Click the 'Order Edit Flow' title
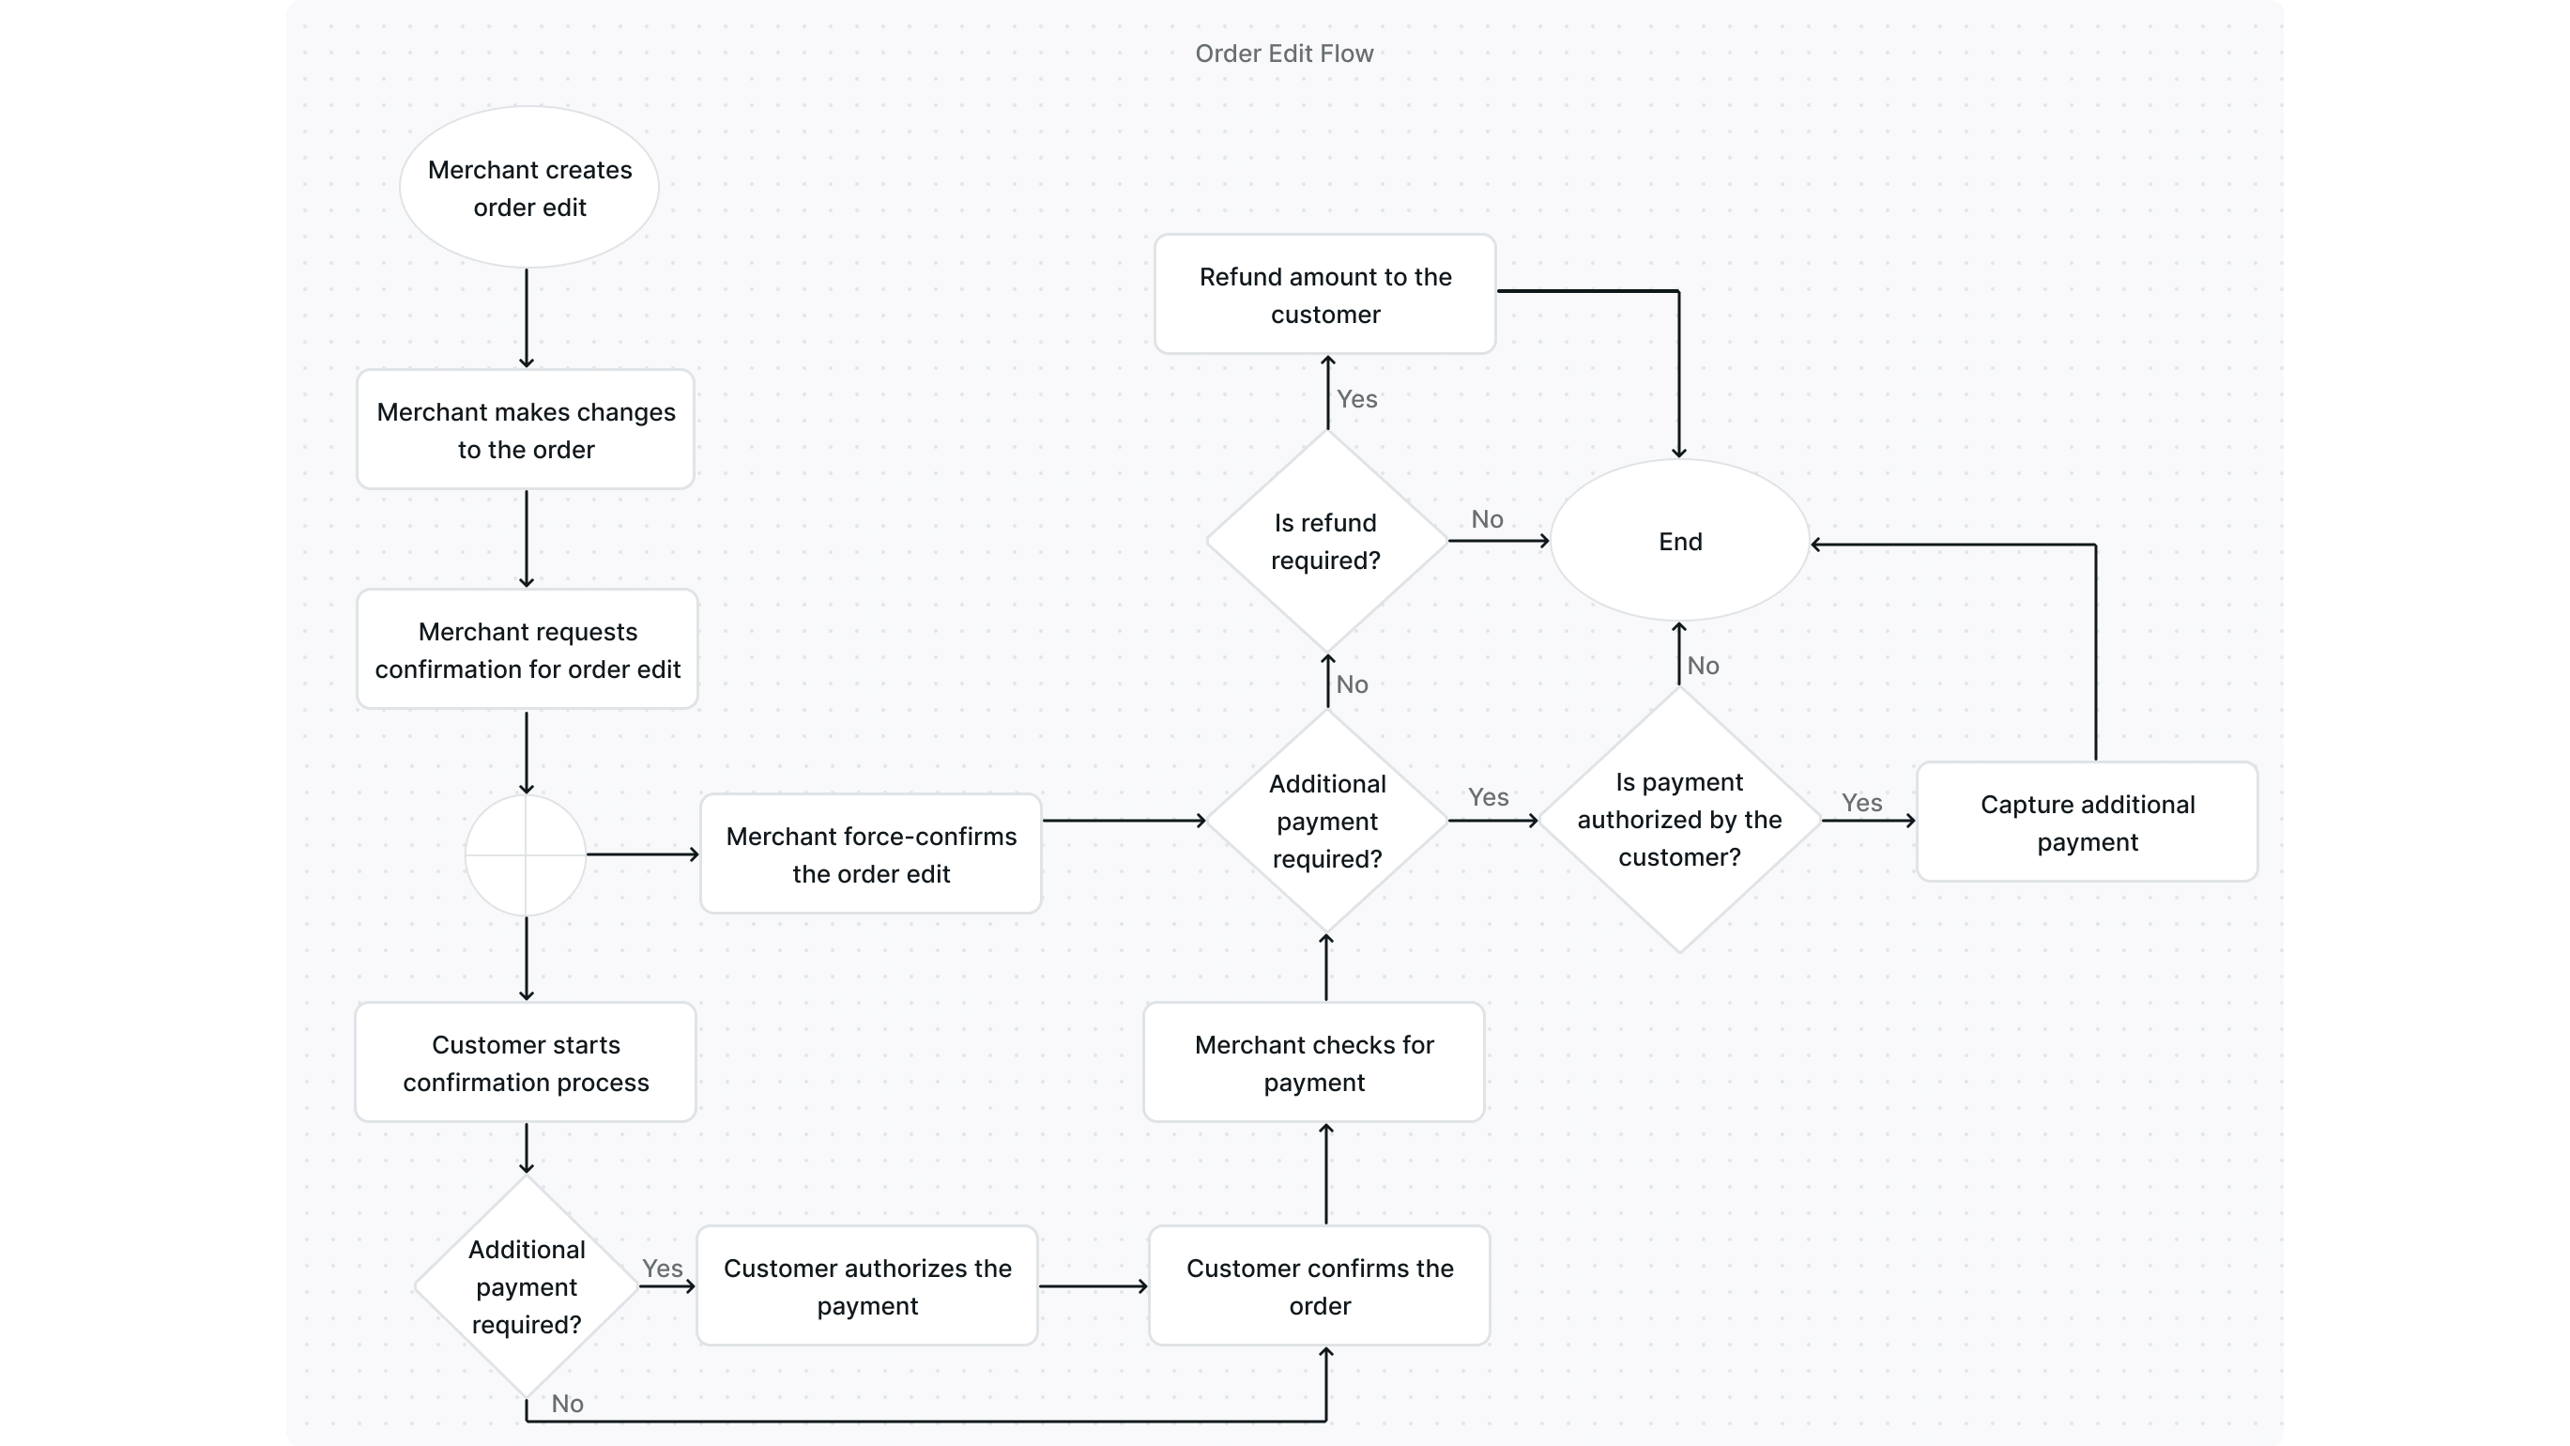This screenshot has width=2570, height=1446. coord(1284,54)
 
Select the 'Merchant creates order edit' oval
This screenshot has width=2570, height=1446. coord(528,188)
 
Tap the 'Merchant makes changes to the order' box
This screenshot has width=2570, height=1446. coord(526,430)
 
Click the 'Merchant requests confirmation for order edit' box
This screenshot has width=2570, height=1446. coord(527,650)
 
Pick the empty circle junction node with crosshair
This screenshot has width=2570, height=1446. coord(526,855)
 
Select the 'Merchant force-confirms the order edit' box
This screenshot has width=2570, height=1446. coord(871,854)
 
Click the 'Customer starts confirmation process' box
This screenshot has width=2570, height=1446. coord(526,1063)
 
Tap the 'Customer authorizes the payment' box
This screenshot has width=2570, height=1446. coord(867,1286)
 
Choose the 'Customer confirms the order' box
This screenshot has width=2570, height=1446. coord(1319,1286)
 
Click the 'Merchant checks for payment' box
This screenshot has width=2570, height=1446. coord(1314,1063)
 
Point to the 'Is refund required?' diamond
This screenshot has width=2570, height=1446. coord(1326,542)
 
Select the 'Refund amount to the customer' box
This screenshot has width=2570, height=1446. coord(1325,296)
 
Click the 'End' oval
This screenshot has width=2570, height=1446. coord(1680,542)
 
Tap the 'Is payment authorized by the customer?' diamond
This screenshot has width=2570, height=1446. coord(1679,821)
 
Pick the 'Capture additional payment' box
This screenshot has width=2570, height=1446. coord(2088,823)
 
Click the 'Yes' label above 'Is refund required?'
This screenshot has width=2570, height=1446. coord(1357,399)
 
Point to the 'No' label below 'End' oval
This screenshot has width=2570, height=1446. coord(1703,666)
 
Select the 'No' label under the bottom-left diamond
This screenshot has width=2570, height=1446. coord(568,1403)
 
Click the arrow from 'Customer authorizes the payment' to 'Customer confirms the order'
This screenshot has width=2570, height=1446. coord(1093,1286)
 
